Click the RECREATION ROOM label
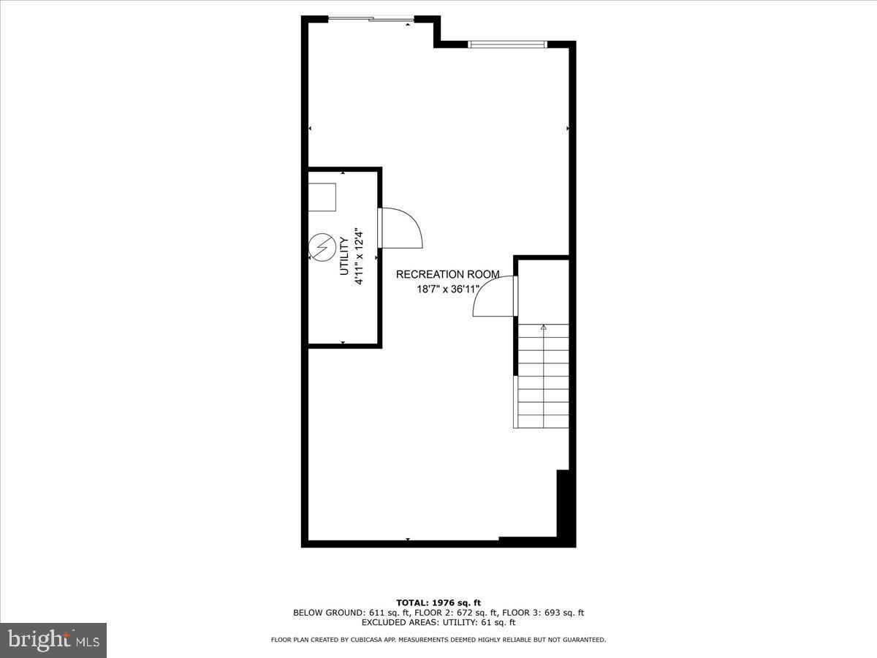(x=447, y=274)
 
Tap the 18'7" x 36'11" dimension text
(x=447, y=290)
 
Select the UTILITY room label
(x=343, y=256)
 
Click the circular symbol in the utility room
(x=321, y=246)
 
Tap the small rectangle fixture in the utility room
(x=322, y=197)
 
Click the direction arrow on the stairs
(x=543, y=328)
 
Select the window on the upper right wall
(x=507, y=45)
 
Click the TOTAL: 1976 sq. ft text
(x=438, y=602)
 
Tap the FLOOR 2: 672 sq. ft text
(x=447, y=613)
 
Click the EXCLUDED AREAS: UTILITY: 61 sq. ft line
(x=438, y=623)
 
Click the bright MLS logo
(x=53, y=640)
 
